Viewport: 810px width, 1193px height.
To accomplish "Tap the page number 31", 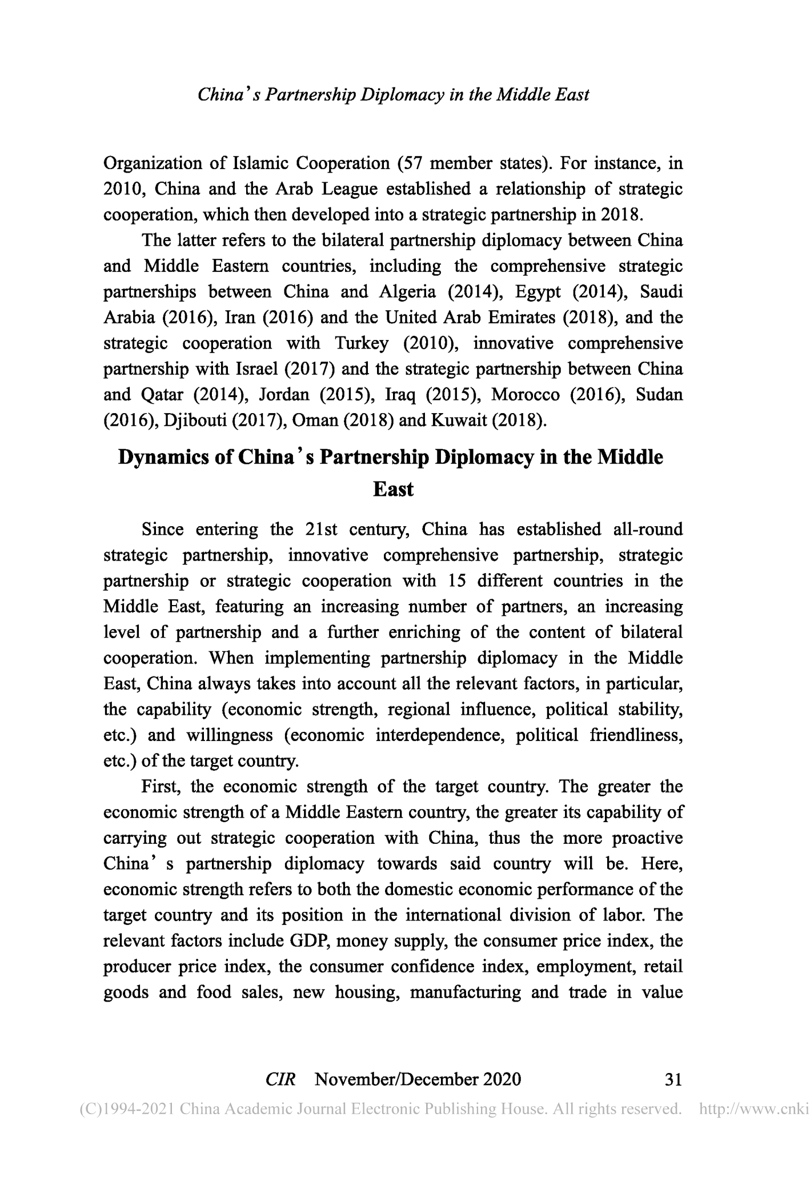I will point(674,1079).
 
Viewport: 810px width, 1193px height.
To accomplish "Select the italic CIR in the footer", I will point(280,1079).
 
